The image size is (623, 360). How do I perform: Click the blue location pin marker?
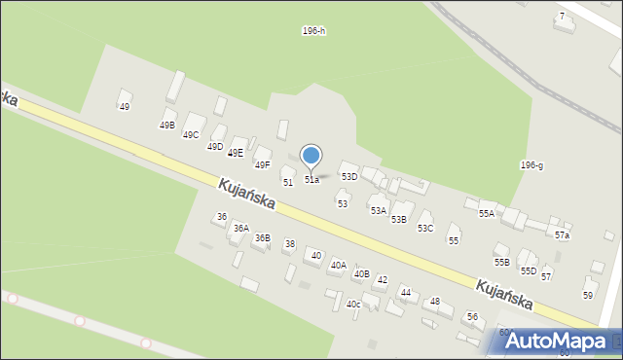(x=311, y=156)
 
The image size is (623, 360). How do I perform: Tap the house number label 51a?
(x=311, y=180)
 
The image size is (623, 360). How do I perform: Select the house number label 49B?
(x=167, y=126)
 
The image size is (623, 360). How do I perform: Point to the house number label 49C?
(x=191, y=135)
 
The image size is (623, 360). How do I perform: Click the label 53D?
(x=348, y=177)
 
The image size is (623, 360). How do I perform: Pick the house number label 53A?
(x=378, y=210)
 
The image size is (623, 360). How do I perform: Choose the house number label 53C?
(x=425, y=229)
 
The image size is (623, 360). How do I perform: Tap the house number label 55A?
(x=486, y=213)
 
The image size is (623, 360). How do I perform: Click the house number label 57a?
(x=563, y=235)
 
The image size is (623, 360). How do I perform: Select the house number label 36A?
(x=240, y=229)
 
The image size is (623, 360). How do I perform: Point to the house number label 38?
(x=289, y=244)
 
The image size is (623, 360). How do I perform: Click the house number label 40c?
(x=353, y=305)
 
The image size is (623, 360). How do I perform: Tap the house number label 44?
(x=406, y=293)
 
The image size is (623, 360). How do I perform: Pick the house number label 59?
(x=588, y=295)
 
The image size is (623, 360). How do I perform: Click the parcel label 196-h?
(x=313, y=31)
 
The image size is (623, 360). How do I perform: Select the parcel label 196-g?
(x=531, y=165)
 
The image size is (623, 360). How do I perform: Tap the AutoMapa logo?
(x=556, y=342)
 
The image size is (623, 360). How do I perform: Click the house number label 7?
(x=562, y=17)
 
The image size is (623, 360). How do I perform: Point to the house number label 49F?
(x=263, y=165)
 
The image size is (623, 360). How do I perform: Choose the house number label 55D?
(x=528, y=271)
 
